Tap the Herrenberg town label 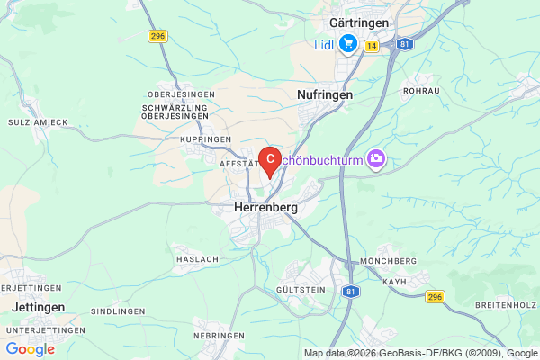point(265,207)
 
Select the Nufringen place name point(324,94)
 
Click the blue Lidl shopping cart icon point(348,44)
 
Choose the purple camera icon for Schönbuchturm point(376,159)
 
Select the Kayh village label point(395,282)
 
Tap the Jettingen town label point(39,307)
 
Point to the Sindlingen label point(119,310)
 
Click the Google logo point(30,349)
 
